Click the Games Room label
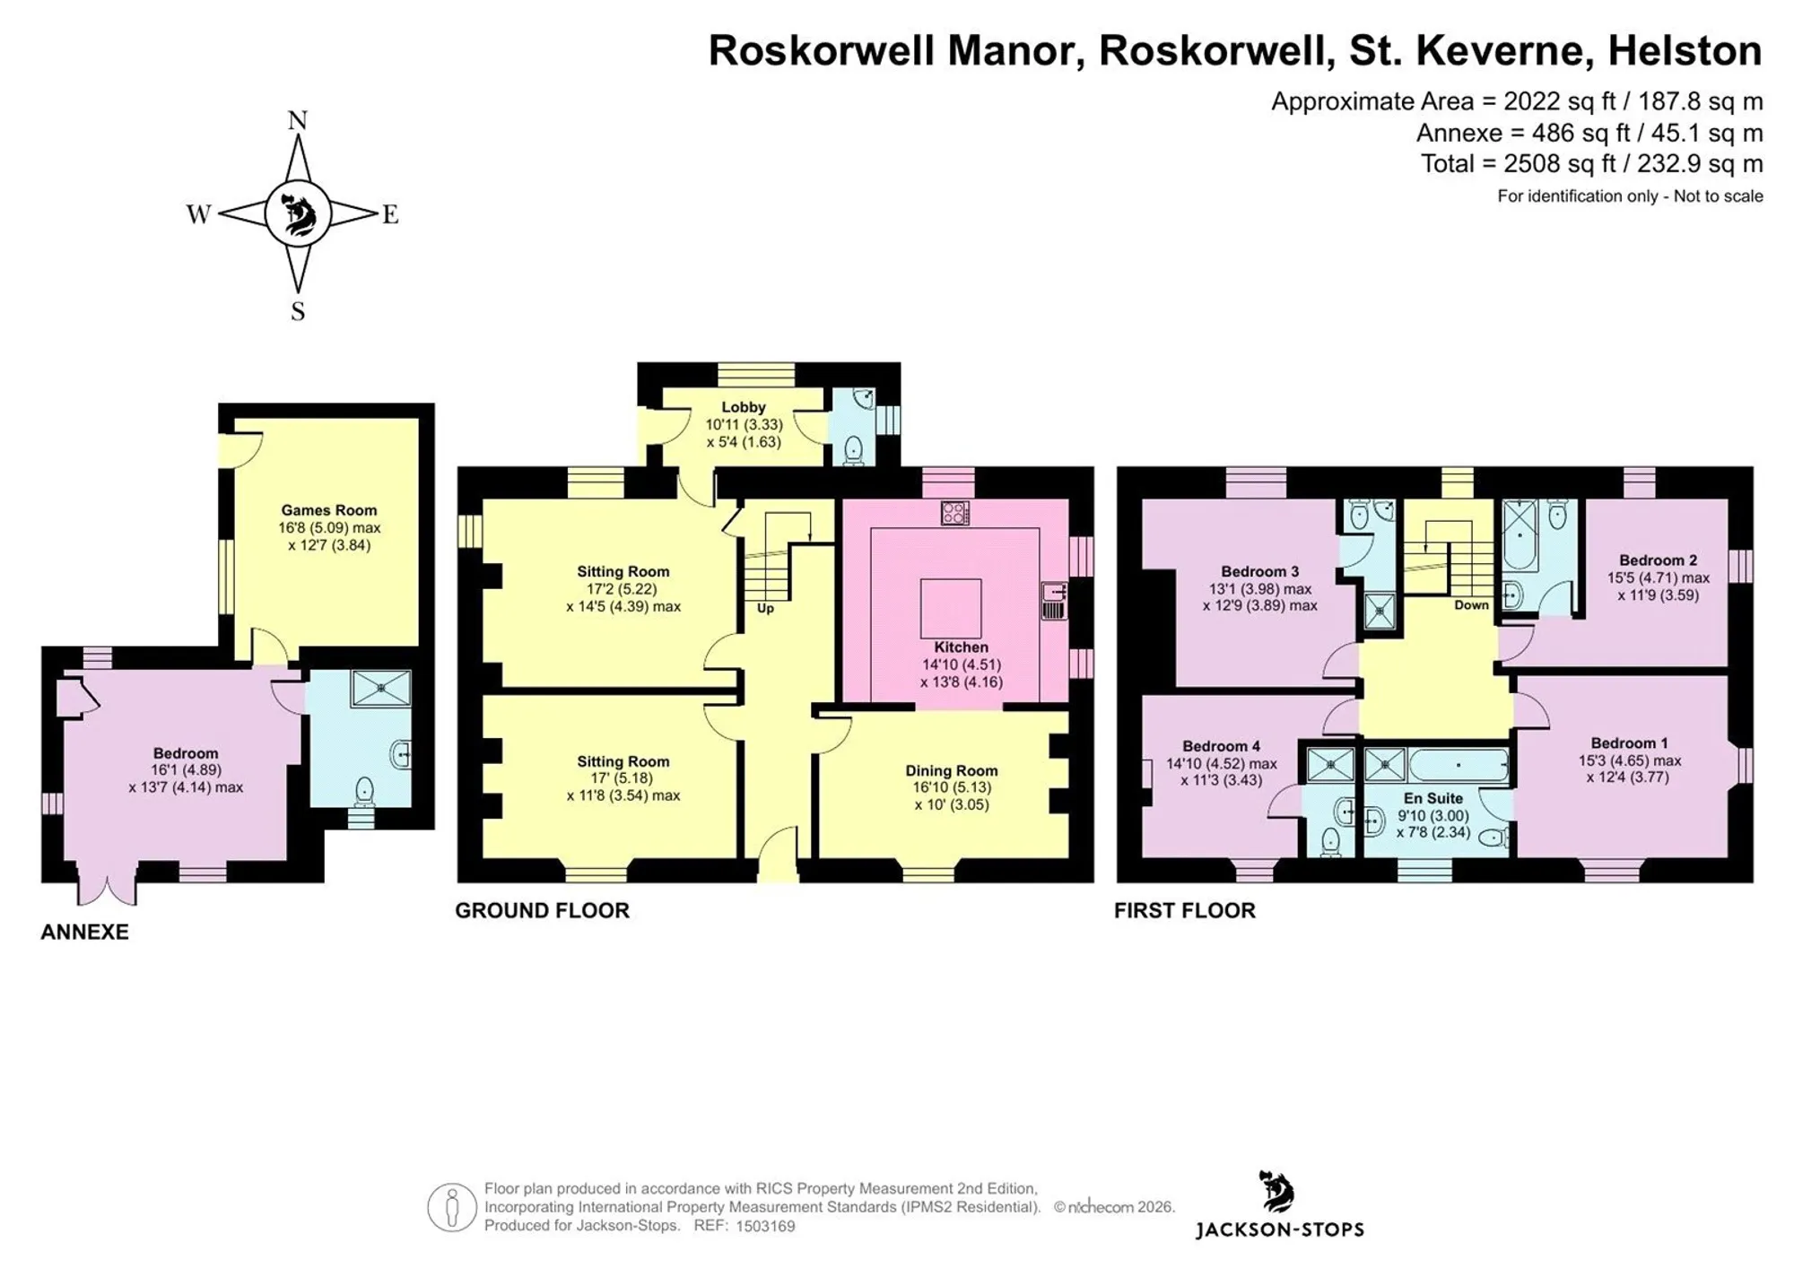[x=329, y=510]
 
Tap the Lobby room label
[x=744, y=407]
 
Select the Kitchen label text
[x=962, y=647]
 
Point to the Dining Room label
[x=952, y=771]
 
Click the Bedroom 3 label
[x=1260, y=572]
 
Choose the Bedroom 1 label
[x=1630, y=743]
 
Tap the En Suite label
[x=1433, y=798]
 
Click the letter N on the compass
[x=298, y=120]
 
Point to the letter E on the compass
[x=390, y=214]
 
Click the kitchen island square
[x=951, y=608]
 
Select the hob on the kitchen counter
[x=955, y=513]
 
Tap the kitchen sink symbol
[x=1054, y=601]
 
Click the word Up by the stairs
[x=765, y=609]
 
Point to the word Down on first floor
[x=1472, y=605]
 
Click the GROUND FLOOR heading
[x=543, y=911]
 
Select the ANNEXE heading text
[x=85, y=933]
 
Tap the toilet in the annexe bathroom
[x=364, y=791]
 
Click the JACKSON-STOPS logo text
[x=1280, y=1230]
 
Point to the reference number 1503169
[x=765, y=1227]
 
